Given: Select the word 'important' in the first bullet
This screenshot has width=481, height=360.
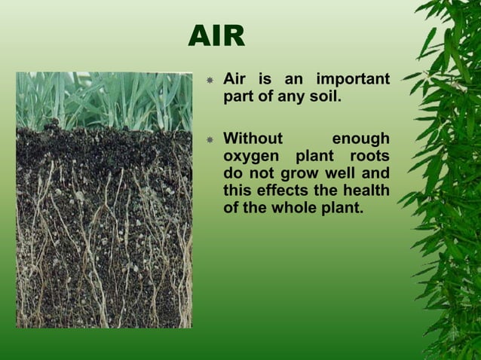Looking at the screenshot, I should click(x=352, y=80).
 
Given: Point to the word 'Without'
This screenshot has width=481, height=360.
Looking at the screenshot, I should click(x=253, y=139).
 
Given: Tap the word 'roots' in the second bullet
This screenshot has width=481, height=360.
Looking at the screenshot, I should click(x=369, y=156).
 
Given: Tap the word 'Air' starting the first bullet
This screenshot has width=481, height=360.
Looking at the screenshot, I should click(x=236, y=80).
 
